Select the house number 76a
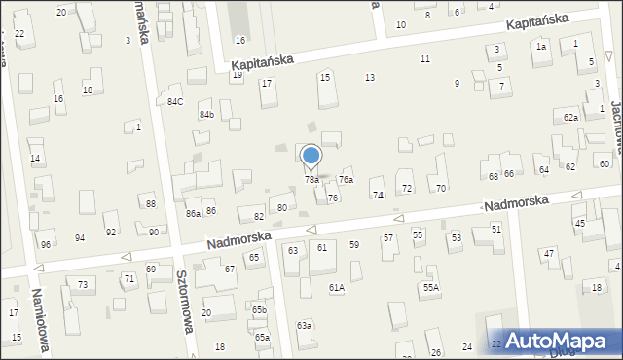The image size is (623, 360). [346, 180]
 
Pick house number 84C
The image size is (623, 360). [175, 101]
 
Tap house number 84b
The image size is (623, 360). [206, 115]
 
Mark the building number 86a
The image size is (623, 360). [193, 213]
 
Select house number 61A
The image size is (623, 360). [336, 288]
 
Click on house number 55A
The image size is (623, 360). [430, 288]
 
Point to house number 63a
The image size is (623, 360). [305, 325]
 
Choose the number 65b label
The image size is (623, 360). [259, 309]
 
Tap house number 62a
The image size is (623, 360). [570, 117]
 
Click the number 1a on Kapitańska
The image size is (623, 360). [541, 47]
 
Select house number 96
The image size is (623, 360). [46, 244]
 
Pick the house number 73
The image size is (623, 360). [83, 284]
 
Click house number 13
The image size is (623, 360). [370, 77]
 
